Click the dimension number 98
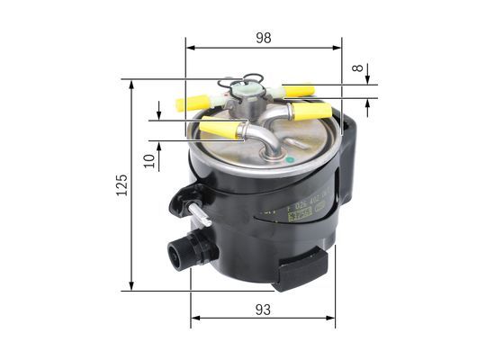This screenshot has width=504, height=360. (263, 37)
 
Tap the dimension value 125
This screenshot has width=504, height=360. (122, 184)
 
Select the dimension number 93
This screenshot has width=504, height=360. (263, 309)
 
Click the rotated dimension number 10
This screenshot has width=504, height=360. (148, 161)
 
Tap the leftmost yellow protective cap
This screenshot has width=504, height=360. (193, 103)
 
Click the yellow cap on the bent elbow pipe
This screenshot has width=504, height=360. (220, 130)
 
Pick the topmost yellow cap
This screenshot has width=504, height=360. (297, 91)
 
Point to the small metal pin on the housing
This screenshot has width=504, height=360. (199, 215)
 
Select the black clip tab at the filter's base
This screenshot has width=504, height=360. (302, 268)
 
